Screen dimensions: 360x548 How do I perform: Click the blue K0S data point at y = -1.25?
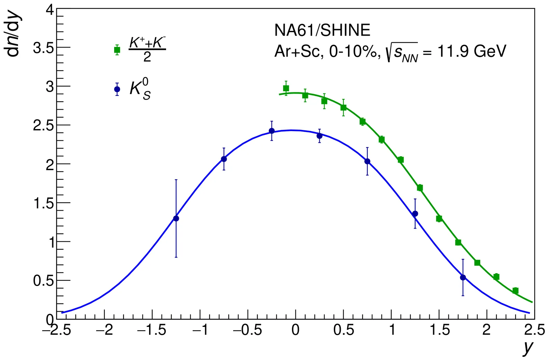coord(176,218)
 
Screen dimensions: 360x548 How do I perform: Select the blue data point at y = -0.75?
coord(224,159)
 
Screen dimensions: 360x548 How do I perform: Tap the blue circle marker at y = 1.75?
coord(463,277)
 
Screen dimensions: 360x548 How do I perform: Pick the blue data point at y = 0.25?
coord(319,136)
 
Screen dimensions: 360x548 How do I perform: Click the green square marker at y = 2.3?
coord(515,291)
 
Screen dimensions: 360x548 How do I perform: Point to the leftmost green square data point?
coord(286,88)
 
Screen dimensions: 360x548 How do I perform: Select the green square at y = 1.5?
coord(439,219)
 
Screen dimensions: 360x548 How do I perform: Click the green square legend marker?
coord(117,50)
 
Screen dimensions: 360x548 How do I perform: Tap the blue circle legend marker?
coord(117,89)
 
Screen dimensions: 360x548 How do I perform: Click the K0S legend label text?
coord(140,89)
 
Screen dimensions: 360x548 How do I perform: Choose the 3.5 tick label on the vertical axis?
coord(43,48)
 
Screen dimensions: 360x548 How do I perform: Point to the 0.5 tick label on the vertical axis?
coord(43,281)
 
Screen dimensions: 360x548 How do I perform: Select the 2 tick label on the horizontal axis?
coord(486,330)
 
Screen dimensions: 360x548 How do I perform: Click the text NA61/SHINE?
coord(322,30)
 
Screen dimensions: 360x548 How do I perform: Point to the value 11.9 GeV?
coord(472,51)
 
